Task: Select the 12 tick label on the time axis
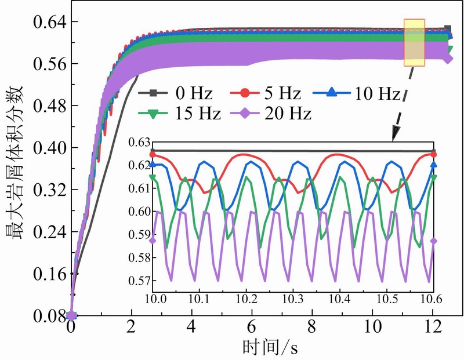[433, 328]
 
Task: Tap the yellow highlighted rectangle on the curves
[415, 42]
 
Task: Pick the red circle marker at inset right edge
[433, 154]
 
